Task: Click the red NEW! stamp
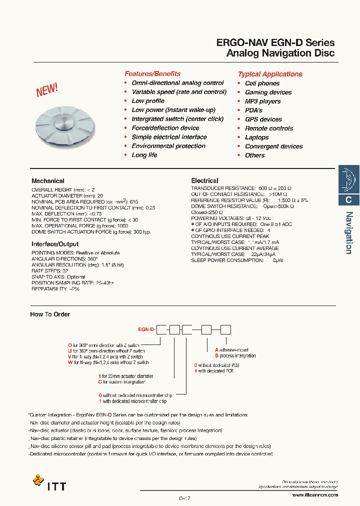47,90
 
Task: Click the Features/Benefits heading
152,73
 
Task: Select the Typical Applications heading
270,74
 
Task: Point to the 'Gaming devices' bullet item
268,92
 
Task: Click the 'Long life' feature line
144,155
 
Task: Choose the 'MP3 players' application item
262,101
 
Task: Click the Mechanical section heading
48,181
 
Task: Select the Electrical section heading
204,180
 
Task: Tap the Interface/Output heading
55,244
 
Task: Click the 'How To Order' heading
50,314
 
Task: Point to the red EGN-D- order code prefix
147,330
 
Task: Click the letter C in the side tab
349,199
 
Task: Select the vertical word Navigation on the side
349,232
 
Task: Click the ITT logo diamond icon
38,480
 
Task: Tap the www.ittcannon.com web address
314,495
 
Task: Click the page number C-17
184,498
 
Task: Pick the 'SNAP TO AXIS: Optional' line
58,277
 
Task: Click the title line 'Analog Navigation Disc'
280,53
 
